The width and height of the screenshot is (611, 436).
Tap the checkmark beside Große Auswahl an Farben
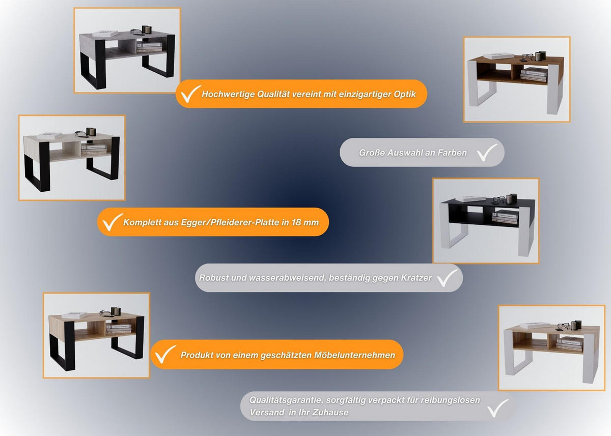pos(487,153)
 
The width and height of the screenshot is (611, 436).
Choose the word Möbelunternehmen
pos(354,355)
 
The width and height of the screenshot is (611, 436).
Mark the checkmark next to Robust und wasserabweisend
pos(448,278)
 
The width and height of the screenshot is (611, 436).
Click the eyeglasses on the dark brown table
pos(527,57)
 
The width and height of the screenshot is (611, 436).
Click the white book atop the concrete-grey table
pos(105,34)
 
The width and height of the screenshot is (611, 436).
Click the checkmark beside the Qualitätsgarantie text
pos(498,408)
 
